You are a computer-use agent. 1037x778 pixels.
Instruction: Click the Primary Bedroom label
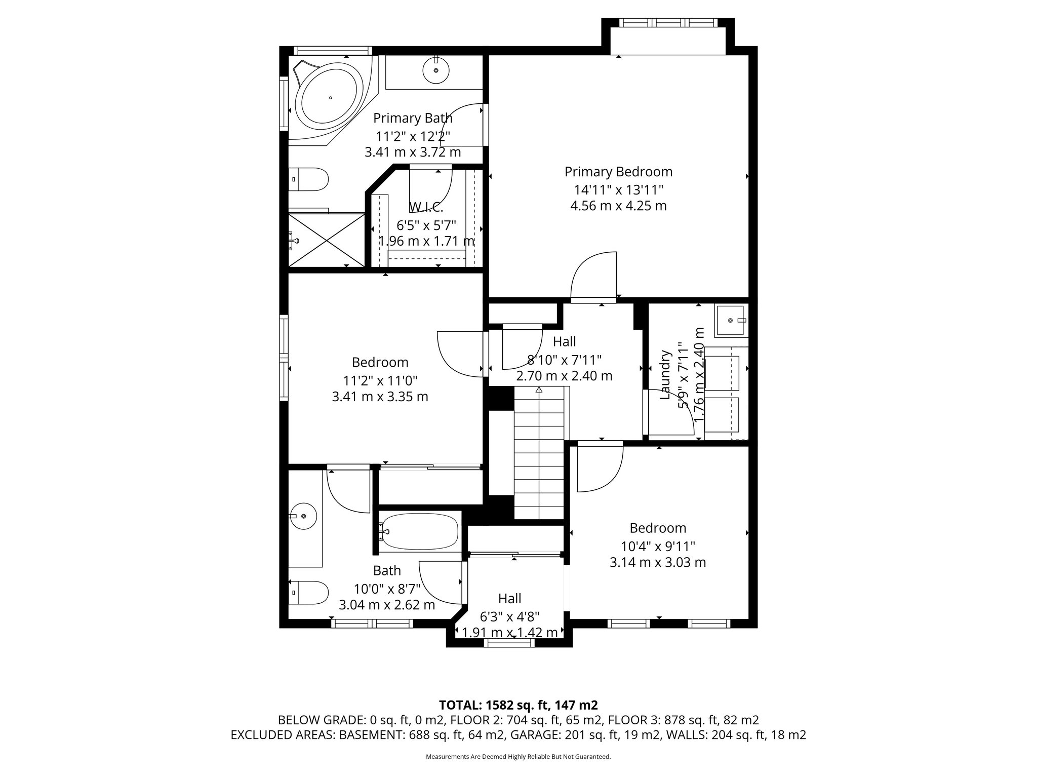click(x=618, y=172)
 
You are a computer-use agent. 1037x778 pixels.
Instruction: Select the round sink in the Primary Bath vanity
click(x=435, y=70)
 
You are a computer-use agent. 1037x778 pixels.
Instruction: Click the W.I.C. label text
click(x=426, y=207)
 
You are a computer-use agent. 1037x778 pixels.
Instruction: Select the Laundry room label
click(x=665, y=374)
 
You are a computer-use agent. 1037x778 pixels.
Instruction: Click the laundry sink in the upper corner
click(x=731, y=321)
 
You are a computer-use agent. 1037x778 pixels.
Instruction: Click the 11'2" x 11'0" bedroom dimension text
click(x=380, y=380)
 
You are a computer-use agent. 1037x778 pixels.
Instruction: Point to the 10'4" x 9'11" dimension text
click(x=658, y=546)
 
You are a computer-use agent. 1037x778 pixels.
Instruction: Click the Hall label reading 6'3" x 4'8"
click(x=509, y=599)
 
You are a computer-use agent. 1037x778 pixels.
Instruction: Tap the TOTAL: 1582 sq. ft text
click(x=518, y=705)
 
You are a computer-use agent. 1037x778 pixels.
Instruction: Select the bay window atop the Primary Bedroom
click(x=668, y=23)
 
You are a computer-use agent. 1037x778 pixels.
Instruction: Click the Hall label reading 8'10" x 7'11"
click(x=564, y=342)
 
